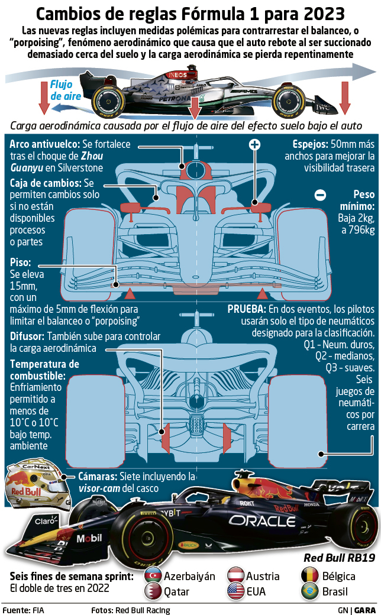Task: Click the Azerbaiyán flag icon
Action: (153, 575)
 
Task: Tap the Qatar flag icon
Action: (153, 590)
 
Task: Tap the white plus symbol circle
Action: (254, 144)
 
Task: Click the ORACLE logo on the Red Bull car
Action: (263, 521)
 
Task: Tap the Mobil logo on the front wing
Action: (89, 539)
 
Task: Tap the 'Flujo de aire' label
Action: (62, 90)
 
